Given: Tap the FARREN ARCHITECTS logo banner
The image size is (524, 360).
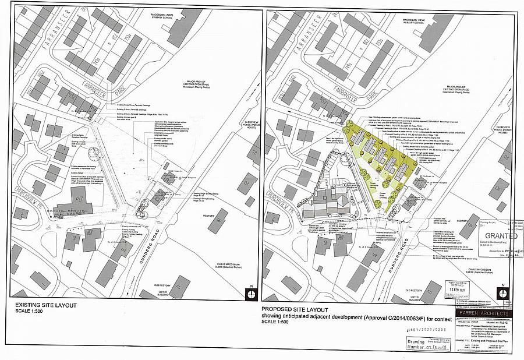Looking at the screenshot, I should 483,314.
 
